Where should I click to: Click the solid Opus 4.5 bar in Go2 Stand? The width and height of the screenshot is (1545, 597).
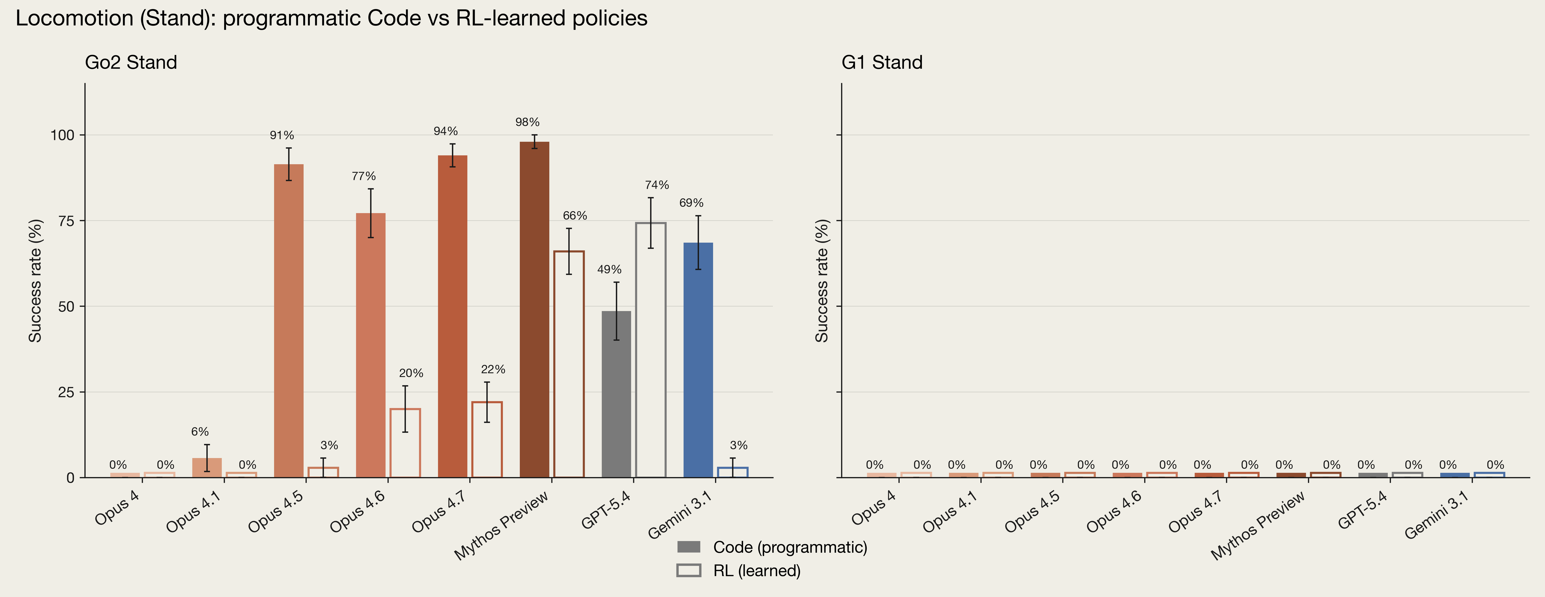(289, 321)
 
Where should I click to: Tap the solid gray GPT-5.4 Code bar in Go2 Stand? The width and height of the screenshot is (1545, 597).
(616, 394)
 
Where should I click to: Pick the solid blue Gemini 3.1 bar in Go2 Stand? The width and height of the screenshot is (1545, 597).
(698, 360)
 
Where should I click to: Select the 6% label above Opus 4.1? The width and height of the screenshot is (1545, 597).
(200, 432)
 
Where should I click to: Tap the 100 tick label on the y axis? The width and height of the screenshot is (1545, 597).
(62, 135)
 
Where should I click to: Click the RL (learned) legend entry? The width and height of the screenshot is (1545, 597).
(738, 571)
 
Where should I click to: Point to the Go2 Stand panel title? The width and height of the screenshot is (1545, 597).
(131, 62)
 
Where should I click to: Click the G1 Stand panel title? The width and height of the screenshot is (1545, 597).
(882, 62)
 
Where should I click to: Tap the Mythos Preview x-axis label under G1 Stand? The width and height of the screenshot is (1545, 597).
(1258, 526)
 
